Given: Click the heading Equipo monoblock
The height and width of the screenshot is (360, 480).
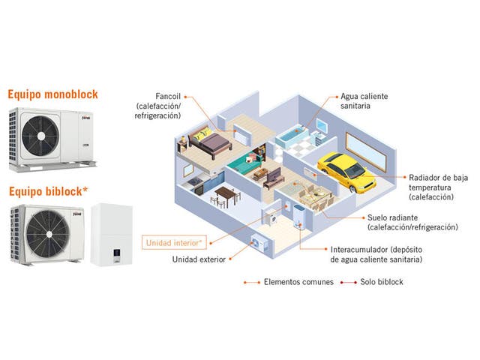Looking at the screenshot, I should click(52, 95).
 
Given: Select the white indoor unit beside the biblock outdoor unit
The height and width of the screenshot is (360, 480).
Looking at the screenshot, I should click(111, 235).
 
